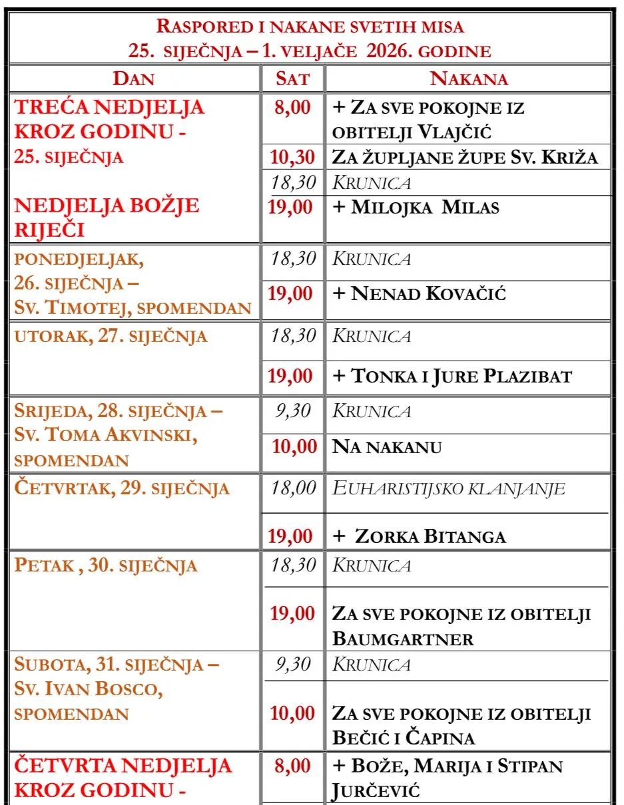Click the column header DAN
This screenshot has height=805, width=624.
[x=134, y=79]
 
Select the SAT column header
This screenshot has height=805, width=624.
[x=293, y=79]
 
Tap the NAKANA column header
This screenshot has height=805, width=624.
[x=469, y=79]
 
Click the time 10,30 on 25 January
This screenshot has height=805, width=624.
[x=292, y=157]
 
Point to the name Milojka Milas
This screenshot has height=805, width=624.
[x=425, y=207]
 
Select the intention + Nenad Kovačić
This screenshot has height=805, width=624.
[x=419, y=293]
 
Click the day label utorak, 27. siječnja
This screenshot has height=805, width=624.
[x=111, y=336]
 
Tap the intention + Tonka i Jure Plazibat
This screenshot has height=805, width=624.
[x=452, y=377]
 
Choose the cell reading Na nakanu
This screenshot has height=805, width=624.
[x=387, y=446]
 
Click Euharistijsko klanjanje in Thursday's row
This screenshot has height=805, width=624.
[x=448, y=489]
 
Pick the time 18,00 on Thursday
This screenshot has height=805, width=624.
[x=293, y=488]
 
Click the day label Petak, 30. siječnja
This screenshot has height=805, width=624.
[x=106, y=566]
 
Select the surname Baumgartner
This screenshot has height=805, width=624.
[x=403, y=639]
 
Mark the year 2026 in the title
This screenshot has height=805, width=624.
[x=394, y=51]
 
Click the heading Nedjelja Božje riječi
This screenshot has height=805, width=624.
[x=107, y=217]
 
